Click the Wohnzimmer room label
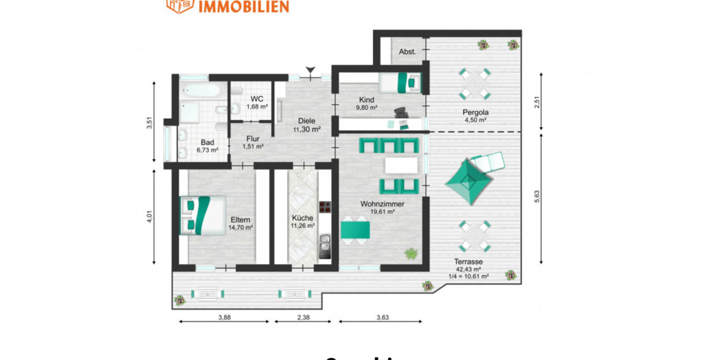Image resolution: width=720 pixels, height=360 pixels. pos(382,204)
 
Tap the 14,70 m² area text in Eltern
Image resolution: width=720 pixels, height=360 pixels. pos(241,227)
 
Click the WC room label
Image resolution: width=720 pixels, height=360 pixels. pos(257,98)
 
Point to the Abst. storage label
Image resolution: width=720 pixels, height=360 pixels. pos(407,52)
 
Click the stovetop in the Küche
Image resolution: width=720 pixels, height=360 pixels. pos(326,208)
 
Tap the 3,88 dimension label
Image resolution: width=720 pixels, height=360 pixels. pos(224,317)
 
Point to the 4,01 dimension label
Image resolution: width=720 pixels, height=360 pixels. pos(149,217)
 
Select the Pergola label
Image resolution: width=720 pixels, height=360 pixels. pos(475,112)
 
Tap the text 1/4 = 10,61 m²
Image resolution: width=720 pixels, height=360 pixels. pos(469,277)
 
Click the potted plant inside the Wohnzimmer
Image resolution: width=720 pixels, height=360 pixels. pos(411,253)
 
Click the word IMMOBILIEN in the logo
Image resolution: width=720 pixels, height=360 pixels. pos(244,7)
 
